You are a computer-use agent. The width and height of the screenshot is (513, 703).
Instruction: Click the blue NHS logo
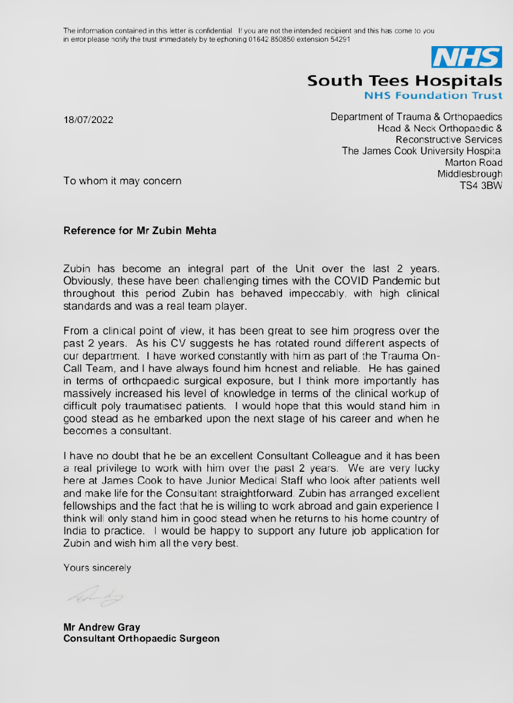coord(467,57)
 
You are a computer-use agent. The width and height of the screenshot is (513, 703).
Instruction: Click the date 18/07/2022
coord(89,120)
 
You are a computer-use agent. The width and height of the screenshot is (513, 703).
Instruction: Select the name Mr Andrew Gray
coord(102,627)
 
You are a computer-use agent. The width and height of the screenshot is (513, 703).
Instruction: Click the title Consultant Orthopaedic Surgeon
coord(141,639)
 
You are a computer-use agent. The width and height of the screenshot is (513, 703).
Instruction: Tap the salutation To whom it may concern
coord(122,180)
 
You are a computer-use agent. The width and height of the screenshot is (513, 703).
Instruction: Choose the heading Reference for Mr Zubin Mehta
coord(140,231)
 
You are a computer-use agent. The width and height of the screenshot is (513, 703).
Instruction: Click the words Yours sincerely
coord(97,568)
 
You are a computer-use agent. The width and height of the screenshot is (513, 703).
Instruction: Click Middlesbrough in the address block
coord(470,174)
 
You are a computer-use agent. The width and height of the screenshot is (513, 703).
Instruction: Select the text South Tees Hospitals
coord(404,81)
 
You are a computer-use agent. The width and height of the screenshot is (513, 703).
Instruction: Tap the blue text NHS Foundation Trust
coord(433,96)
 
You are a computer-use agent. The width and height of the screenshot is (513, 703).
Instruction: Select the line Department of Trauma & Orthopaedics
coord(416,116)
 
